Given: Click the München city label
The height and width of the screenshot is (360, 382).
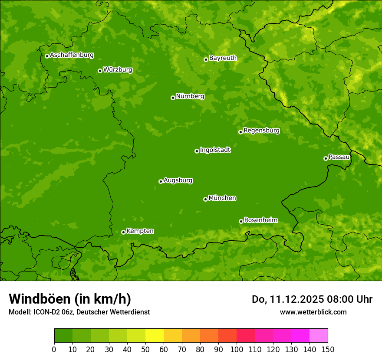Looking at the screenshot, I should coord(222,198).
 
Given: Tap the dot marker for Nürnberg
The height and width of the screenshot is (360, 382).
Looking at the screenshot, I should coord(173,98).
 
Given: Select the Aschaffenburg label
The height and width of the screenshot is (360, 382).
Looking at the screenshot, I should coord(72,55).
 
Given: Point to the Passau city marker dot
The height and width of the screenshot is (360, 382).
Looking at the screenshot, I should coord(326,158).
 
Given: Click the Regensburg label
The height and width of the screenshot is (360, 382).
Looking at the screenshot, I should coord(261,131).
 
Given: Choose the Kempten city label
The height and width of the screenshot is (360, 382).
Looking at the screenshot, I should coord(140,231).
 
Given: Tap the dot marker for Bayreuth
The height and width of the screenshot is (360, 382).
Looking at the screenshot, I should coord(206,59).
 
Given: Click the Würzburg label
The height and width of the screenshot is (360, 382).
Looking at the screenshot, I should coord(118,70).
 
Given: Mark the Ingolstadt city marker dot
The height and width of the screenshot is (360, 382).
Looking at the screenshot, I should coord(197,151).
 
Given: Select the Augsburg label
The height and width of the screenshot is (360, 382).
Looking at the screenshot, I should coord(178,180).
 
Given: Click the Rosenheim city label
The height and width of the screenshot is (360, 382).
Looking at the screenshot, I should coord(260,220).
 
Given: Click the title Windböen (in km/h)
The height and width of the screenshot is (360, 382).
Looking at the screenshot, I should coord(69,299).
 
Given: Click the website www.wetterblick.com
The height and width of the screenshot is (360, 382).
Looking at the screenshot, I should coord(313,312).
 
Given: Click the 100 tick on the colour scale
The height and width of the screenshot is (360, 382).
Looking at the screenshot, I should coord(237,349).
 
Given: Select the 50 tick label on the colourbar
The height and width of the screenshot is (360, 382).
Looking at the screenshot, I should coord(145,349).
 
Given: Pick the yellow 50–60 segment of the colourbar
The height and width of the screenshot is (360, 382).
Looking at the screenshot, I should coord(155,336).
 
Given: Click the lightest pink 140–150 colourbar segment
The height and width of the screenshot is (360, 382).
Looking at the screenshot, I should coord(319,336).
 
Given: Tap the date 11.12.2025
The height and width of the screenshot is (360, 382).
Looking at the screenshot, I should coord(295,299).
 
